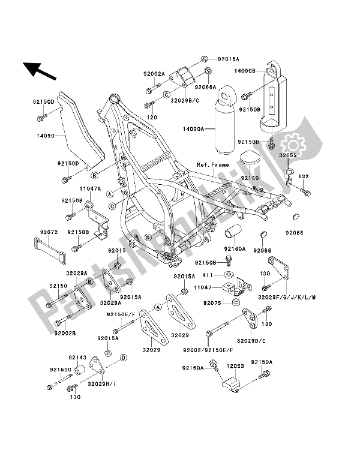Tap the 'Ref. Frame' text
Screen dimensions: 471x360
[211, 164]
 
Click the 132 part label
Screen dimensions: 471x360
[304, 176]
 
